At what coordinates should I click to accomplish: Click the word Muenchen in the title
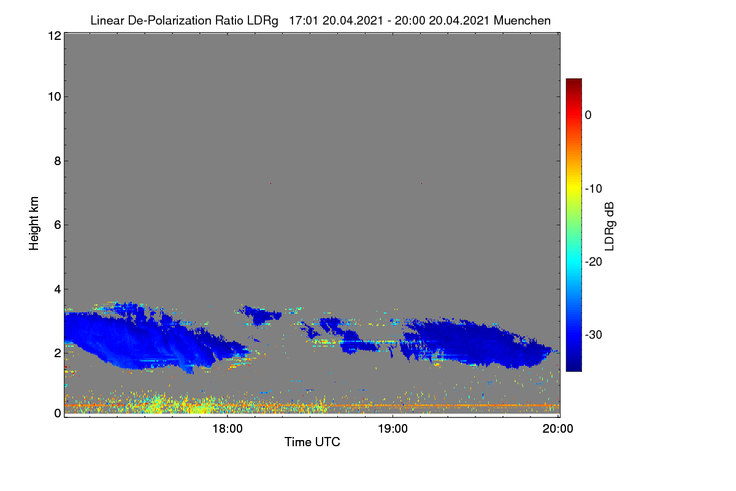[x=522, y=21]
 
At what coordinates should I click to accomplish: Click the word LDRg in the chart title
[x=263, y=21]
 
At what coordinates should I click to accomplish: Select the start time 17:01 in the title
[x=304, y=21]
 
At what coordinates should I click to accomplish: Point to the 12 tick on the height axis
[x=55, y=36]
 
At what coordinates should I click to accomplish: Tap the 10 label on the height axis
[x=55, y=97]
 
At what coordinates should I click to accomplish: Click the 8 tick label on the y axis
[x=58, y=161]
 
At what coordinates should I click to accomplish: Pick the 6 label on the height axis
[x=58, y=225]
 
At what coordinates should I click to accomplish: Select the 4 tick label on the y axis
[x=58, y=290]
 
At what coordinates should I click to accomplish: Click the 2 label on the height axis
[x=58, y=354]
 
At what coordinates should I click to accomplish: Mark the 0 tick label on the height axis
[x=58, y=414]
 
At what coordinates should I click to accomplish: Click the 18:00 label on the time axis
[x=228, y=429]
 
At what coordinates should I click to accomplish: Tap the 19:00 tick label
[x=393, y=429]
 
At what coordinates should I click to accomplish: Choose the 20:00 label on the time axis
[x=558, y=429]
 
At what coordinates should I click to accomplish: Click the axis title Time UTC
[x=312, y=442]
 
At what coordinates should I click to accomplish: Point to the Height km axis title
[x=34, y=223]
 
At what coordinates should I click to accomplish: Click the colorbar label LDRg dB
[x=610, y=226]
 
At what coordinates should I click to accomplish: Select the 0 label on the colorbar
[x=588, y=115]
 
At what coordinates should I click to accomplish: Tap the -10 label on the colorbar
[x=594, y=189]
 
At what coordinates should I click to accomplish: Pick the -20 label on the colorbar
[x=594, y=262]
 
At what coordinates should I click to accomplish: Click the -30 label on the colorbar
[x=594, y=335]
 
